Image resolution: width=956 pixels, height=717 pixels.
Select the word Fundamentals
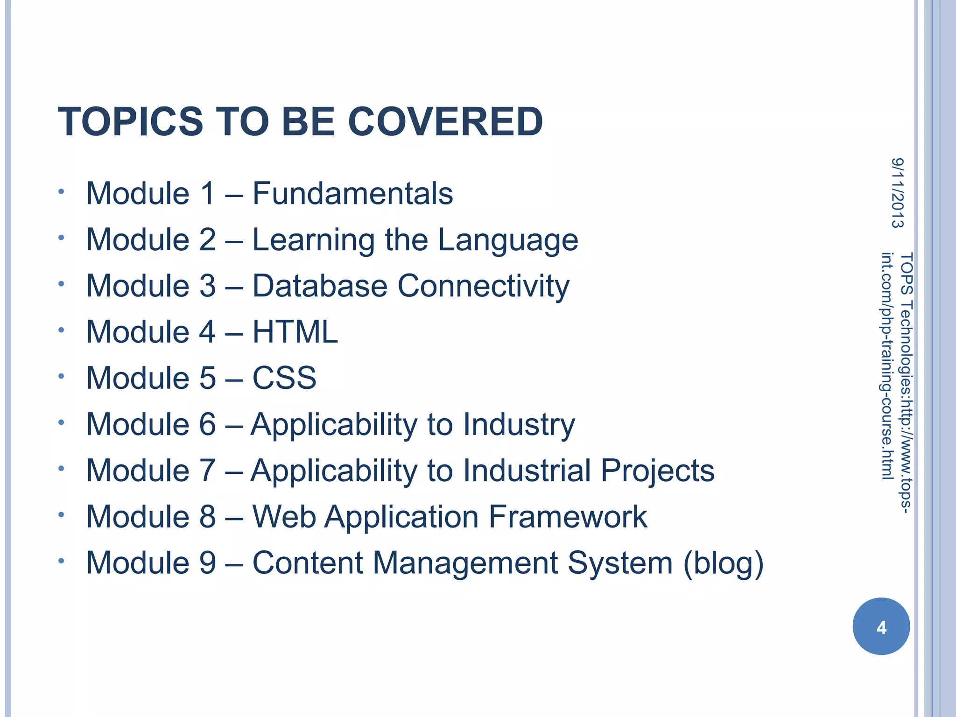352,193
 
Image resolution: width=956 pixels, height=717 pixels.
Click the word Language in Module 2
508,241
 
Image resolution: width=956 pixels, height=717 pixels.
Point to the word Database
320,286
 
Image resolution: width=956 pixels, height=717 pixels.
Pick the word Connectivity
483,287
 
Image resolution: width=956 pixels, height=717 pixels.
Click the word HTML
295,332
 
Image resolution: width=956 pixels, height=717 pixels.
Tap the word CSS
284,378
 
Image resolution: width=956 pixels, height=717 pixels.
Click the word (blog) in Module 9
723,563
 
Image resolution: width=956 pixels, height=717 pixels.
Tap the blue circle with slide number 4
881,626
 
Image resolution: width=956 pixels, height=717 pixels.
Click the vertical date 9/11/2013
897,193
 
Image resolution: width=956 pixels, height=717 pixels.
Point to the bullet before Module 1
61,191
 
